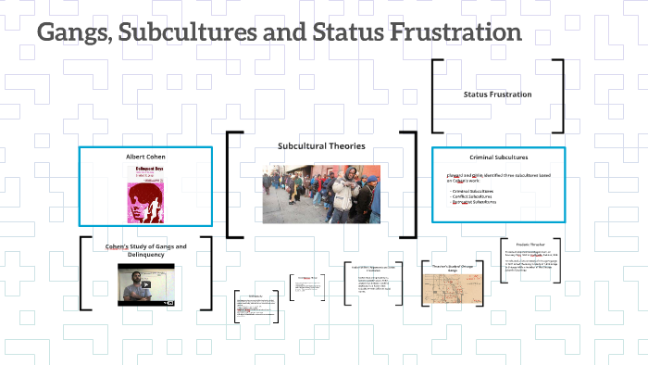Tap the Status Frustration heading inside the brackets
tap(497, 94)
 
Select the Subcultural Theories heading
tap(321, 146)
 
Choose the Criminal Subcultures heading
tap(498, 157)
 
